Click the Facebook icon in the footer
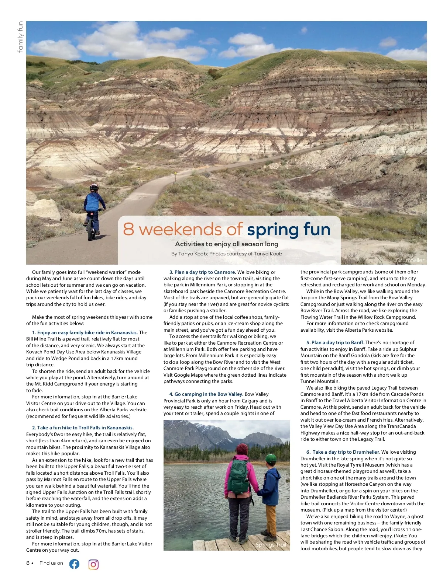[x=74, y=564]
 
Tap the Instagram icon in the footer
[x=93, y=564]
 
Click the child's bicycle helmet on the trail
[x=94, y=187]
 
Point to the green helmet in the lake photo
[x=271, y=458]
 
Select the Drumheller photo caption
[x=410, y=260]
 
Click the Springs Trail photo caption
[x=271, y=545]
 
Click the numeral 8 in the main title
[x=128, y=229]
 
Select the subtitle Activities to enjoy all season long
[x=226, y=244]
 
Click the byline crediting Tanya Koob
[x=226, y=254]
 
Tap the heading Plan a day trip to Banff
[x=337, y=343]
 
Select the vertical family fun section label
[x=20, y=37]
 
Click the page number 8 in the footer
[x=28, y=563]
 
